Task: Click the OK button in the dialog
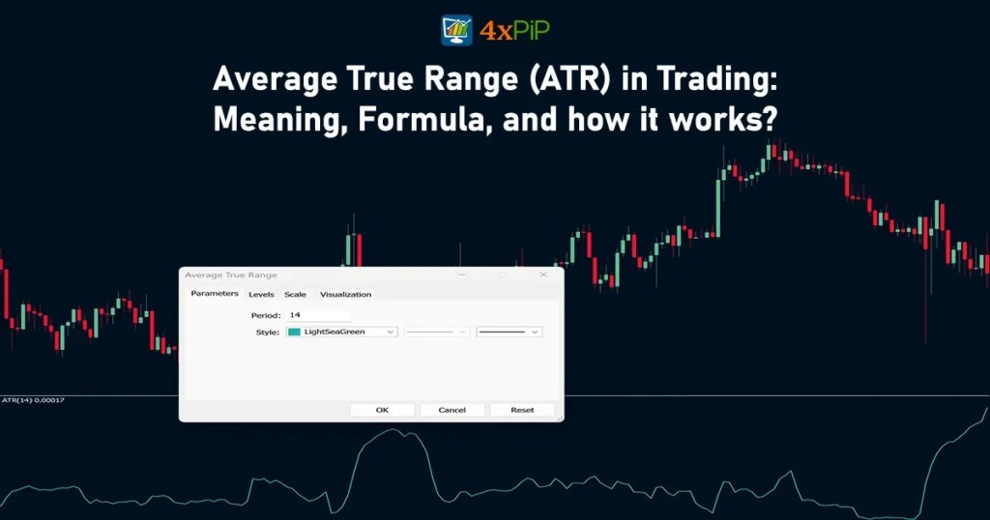pos(382,410)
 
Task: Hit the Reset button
pos(522,410)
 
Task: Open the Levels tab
pos(261,294)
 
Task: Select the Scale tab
pos(295,294)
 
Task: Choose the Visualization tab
pos(345,294)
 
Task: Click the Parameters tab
pos(215,293)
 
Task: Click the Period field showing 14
pos(318,315)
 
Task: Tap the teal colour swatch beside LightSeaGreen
pos(294,332)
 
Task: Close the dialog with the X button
pos(543,274)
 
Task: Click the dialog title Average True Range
pos(230,275)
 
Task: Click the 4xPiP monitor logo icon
pos(457,31)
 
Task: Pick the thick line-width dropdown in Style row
pos(509,332)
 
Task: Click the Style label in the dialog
pos(267,332)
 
